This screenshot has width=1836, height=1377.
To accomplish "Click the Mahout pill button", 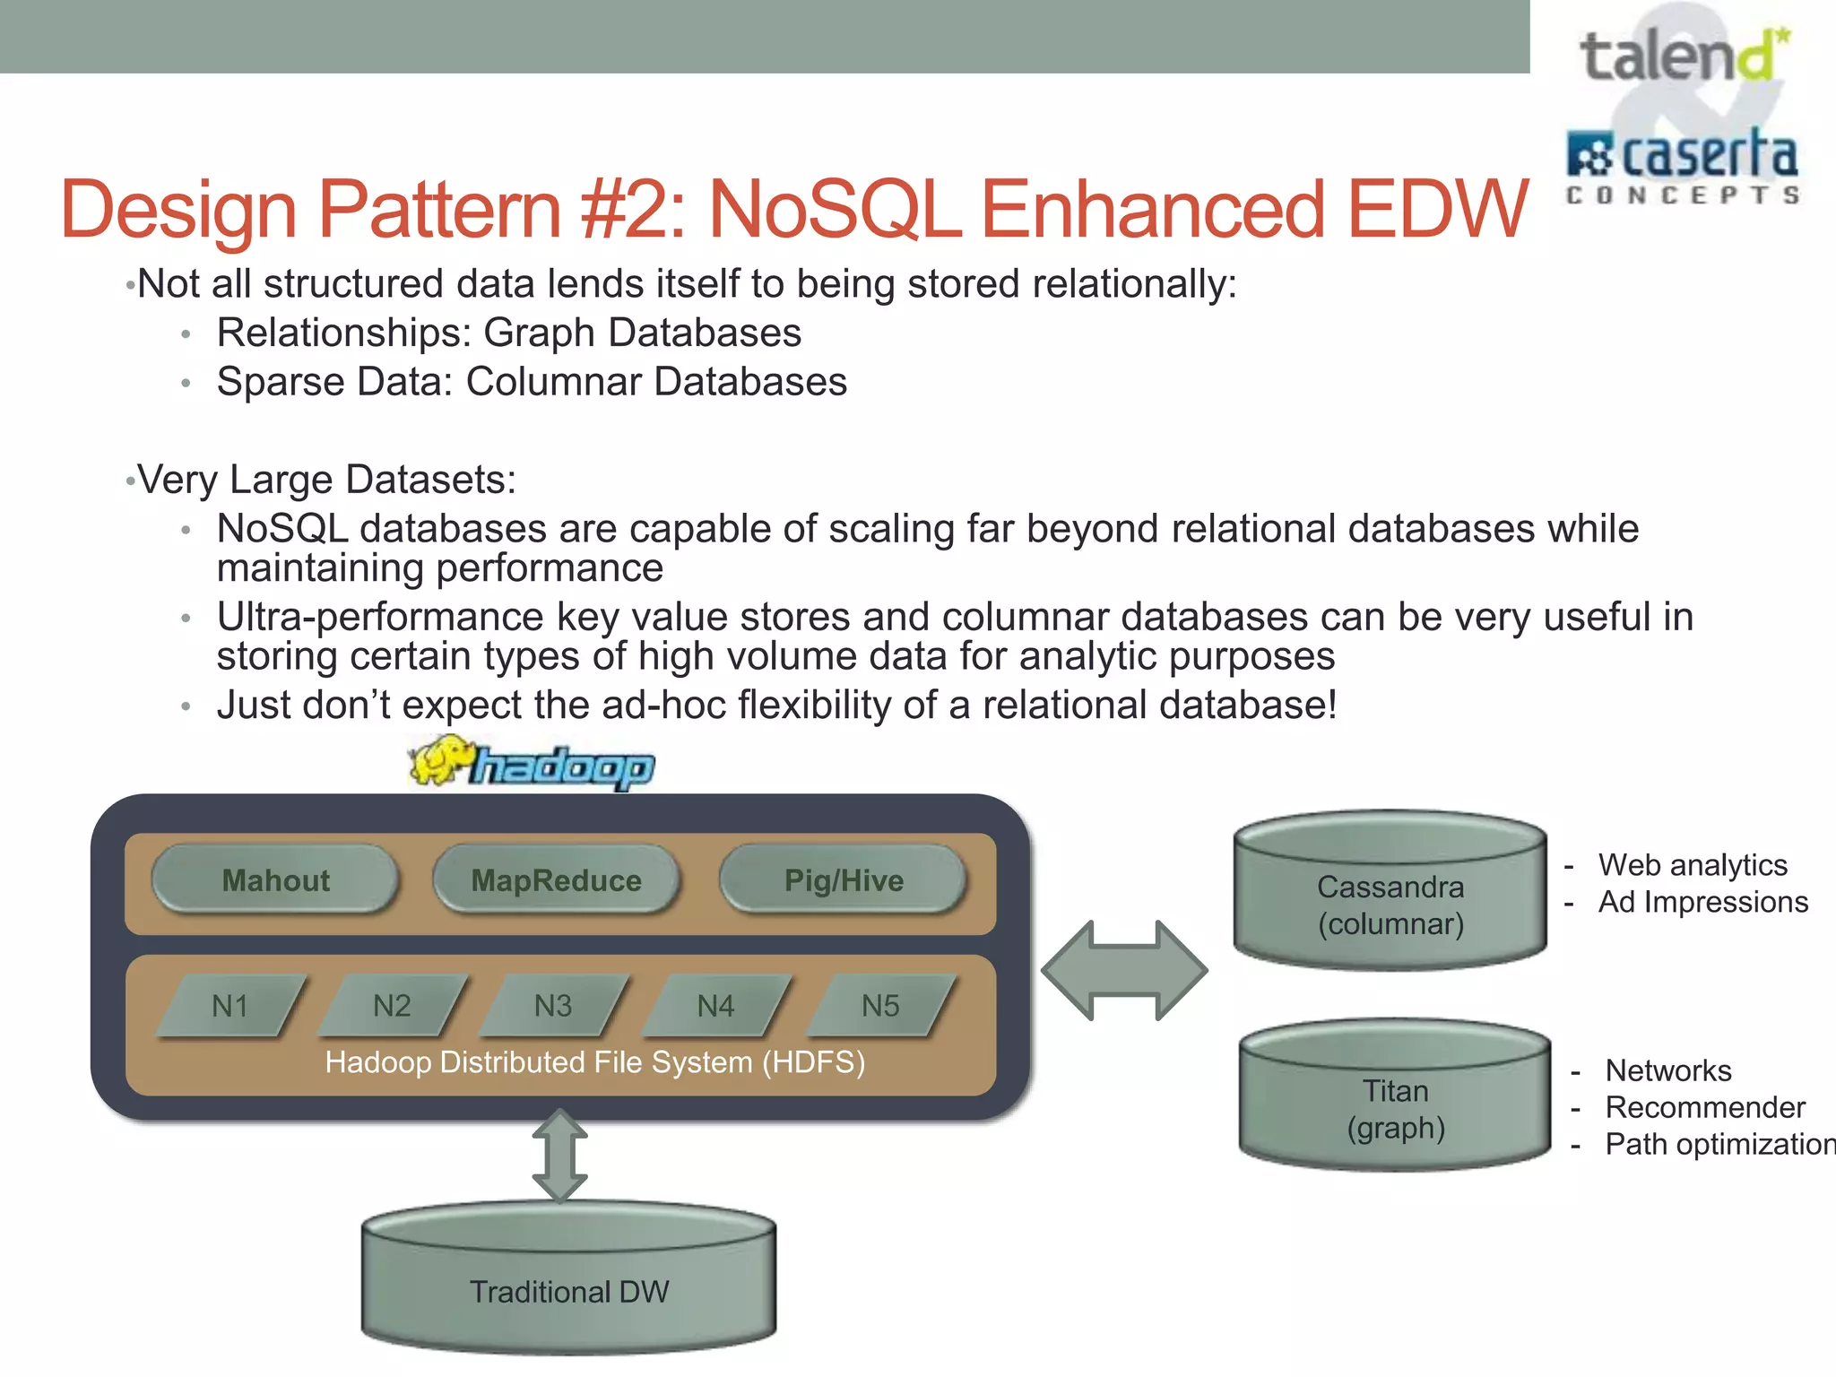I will (x=275, y=879).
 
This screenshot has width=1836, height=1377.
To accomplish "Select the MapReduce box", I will (x=556, y=879).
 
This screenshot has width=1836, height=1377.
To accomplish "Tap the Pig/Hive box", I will (x=843, y=879).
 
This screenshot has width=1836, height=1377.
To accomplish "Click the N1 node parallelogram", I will (x=230, y=1005).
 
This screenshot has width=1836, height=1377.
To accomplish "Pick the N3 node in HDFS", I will (x=553, y=1005).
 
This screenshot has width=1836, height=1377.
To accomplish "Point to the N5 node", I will (x=879, y=1005).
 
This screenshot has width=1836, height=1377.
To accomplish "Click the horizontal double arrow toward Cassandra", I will (x=1124, y=970).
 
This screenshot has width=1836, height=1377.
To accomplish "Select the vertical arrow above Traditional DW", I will (x=559, y=1156).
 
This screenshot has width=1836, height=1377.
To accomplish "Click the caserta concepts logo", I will (x=1682, y=166).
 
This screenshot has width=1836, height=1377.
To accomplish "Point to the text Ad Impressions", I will (x=1702, y=902).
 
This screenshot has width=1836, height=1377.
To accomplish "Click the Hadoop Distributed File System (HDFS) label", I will (x=594, y=1062).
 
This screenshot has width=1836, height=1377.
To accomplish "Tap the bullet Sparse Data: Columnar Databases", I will (x=531, y=382).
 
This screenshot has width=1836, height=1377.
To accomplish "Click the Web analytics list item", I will (x=1692, y=865).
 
